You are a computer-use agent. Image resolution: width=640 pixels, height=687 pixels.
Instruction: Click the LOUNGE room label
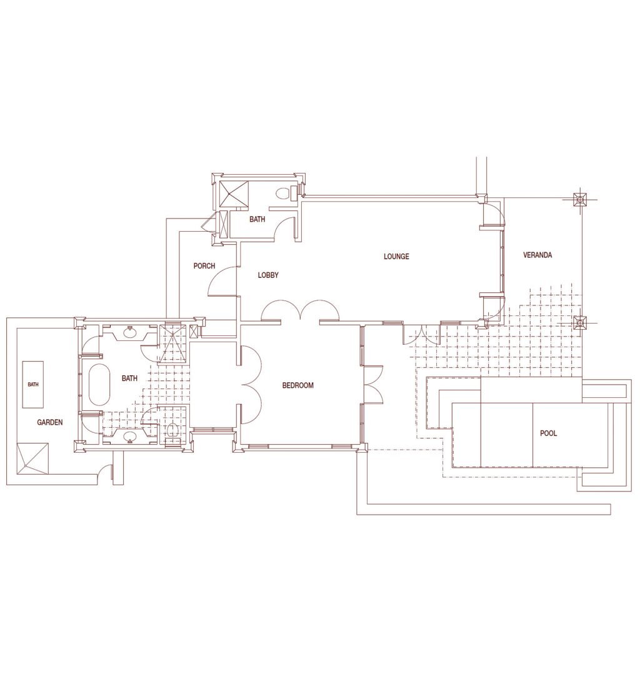(x=396, y=256)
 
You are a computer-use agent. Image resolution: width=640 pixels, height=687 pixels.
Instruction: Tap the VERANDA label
(x=537, y=255)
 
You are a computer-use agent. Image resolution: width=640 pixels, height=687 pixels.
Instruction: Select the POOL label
(x=548, y=433)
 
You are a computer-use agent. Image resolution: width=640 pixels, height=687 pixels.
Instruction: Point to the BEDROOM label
(x=297, y=385)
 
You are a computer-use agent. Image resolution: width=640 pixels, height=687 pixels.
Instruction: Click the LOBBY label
(x=268, y=275)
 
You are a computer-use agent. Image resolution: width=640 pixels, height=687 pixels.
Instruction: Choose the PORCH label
(x=204, y=266)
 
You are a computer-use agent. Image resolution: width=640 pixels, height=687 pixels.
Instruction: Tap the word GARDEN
(x=49, y=422)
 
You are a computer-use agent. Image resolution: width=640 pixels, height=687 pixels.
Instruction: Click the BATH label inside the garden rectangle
(x=33, y=385)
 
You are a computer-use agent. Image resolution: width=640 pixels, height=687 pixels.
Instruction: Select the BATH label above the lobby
(x=257, y=219)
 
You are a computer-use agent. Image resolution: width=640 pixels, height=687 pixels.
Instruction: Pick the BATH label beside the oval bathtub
(x=129, y=378)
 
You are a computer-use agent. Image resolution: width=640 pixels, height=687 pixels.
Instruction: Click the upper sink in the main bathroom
(x=130, y=332)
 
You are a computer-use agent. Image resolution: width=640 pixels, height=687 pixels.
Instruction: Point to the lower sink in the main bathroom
(x=130, y=437)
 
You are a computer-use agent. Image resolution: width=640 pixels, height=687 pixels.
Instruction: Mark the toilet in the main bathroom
(x=172, y=430)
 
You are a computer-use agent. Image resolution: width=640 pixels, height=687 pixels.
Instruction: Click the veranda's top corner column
(x=581, y=200)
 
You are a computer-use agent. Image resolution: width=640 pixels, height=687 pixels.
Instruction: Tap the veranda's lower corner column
(x=581, y=324)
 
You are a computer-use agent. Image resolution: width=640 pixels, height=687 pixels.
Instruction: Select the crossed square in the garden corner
(x=33, y=458)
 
